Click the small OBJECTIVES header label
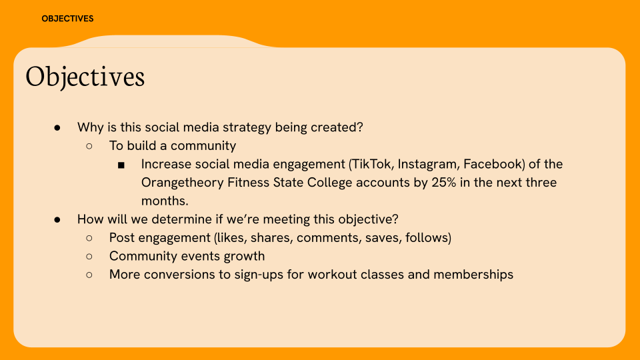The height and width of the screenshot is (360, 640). point(67,19)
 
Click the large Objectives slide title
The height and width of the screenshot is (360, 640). point(85,77)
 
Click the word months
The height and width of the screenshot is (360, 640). point(163,200)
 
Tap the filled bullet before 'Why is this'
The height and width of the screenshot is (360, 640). point(58,127)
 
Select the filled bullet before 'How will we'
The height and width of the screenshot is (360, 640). point(58,219)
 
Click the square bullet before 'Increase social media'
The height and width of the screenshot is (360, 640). point(121,165)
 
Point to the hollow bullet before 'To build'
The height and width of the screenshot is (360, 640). point(89,146)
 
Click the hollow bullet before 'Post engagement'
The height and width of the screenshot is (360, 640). point(89,238)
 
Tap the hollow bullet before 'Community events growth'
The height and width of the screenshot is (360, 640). point(89,257)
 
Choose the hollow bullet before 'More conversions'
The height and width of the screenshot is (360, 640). point(89,275)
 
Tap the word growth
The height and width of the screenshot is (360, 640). point(243,256)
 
